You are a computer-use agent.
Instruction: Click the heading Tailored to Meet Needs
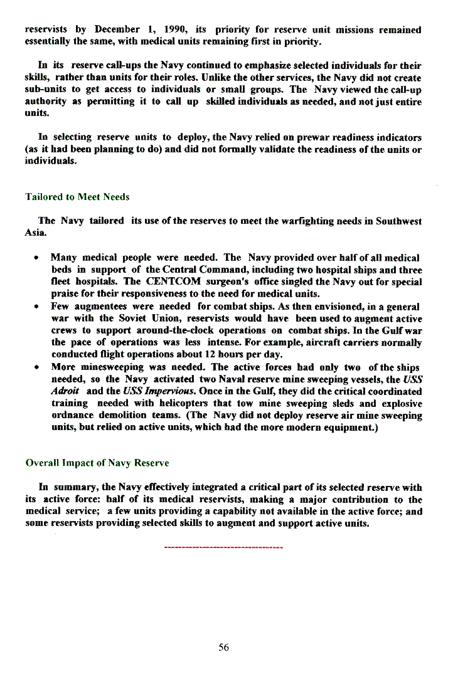tap(77, 197)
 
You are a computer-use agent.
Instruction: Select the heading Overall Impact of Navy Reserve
tap(97, 463)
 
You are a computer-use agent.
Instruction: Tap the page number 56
tap(223, 648)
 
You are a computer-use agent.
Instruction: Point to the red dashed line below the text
tap(223, 548)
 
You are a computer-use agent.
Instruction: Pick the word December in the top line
tap(117, 29)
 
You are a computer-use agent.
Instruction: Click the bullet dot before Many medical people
tap(39, 258)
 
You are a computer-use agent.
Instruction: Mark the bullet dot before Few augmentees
tap(39, 307)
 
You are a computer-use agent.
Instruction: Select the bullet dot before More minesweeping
tap(39, 367)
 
